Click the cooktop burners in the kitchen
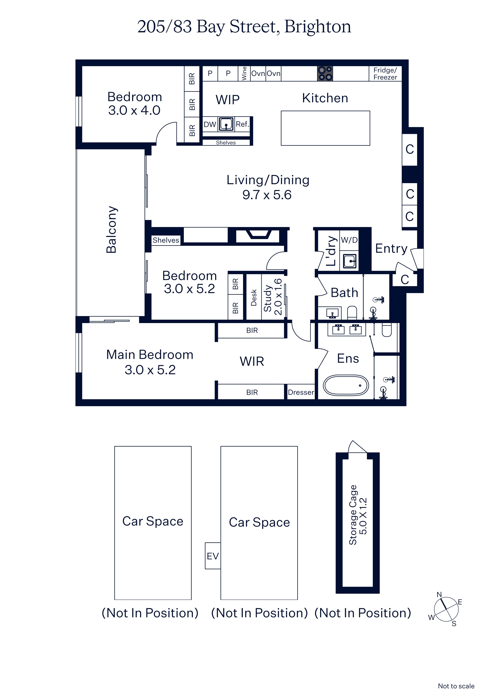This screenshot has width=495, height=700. [325, 73]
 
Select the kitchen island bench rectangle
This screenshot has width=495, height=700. [325, 128]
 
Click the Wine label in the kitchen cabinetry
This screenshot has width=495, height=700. [244, 73]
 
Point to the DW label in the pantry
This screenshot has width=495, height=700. [210, 124]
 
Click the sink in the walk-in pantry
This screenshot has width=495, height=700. [226, 124]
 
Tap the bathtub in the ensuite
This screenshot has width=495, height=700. [346, 385]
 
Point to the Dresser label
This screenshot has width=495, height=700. [301, 392]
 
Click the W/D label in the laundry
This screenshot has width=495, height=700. [349, 240]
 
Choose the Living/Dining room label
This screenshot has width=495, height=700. [268, 180]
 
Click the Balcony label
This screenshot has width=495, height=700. [112, 229]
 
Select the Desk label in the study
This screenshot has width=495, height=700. [254, 298]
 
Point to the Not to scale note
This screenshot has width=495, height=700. [456, 686]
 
